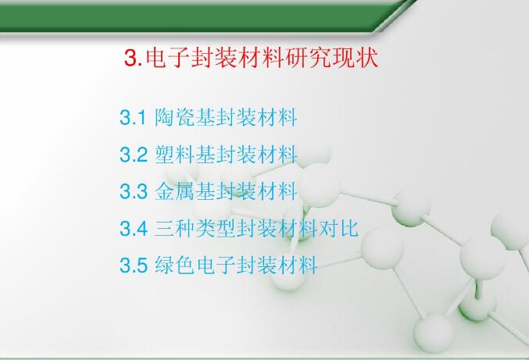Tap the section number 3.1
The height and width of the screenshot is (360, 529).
tap(133, 119)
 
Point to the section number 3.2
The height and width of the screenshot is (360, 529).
tap(133, 155)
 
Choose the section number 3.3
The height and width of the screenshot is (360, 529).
tap(133, 191)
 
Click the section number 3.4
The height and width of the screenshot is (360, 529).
tap(133, 228)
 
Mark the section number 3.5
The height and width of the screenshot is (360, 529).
tap(133, 266)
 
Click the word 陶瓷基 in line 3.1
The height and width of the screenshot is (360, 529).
tap(181, 119)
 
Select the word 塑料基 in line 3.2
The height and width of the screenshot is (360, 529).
tap(181, 155)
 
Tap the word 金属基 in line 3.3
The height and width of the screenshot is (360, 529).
tap(181, 191)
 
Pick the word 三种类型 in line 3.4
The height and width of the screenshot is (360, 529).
tap(191, 228)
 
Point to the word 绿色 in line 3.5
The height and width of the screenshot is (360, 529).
tap(171, 266)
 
